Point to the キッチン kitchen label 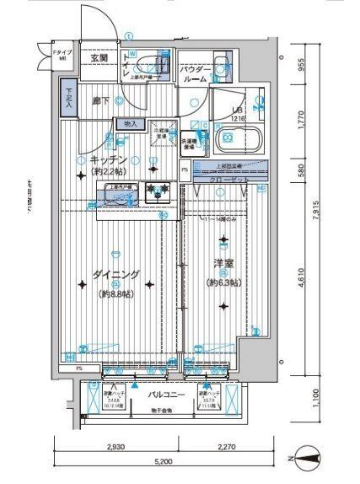tap(110, 159)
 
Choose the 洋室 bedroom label tap(223, 263)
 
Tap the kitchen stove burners tap(155, 191)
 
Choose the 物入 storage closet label tap(131, 124)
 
